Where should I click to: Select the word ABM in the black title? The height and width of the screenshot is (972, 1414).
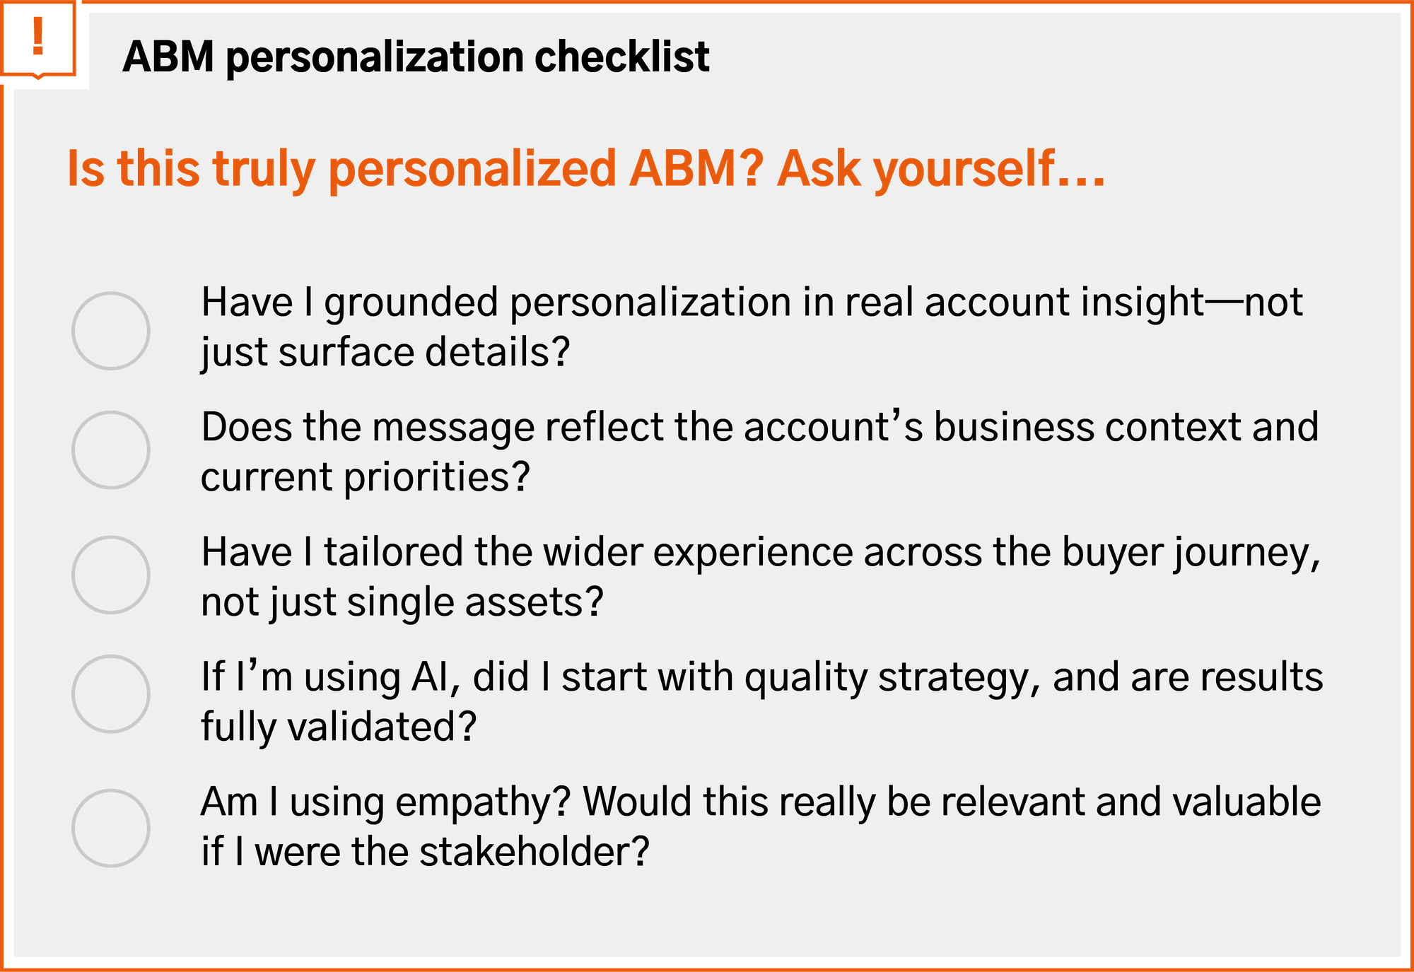click(168, 57)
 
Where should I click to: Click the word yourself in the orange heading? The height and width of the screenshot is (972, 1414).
click(964, 169)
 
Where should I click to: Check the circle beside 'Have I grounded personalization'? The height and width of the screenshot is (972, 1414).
click(111, 331)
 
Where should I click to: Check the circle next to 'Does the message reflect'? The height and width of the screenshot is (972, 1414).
click(111, 450)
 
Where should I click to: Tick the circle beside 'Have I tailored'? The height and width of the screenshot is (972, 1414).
click(111, 575)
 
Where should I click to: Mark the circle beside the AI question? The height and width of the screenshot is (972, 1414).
click(111, 694)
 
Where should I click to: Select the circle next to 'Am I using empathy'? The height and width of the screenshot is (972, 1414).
click(111, 828)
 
